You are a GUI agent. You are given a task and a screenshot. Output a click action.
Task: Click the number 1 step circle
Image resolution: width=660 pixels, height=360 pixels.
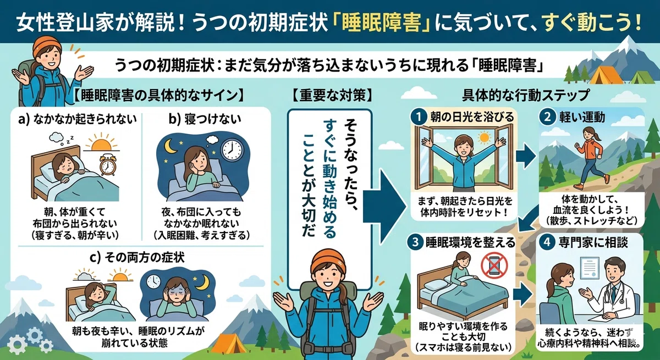419,117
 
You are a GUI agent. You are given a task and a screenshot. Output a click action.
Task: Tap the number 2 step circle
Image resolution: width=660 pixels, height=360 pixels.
547,117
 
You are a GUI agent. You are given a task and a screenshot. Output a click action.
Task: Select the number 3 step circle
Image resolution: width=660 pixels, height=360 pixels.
415,242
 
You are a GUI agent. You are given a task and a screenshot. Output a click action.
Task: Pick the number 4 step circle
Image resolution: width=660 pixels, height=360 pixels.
547,242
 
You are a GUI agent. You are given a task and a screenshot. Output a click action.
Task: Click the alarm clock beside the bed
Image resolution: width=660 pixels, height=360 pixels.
107,165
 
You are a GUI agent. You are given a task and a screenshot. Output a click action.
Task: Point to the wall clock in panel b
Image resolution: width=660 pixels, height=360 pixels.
233,149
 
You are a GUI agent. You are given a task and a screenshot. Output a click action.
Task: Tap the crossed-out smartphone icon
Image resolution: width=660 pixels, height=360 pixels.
494,264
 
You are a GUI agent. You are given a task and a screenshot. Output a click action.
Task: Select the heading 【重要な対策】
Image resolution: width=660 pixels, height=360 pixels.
332,96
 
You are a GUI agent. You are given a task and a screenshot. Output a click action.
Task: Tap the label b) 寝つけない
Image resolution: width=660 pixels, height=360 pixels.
205,119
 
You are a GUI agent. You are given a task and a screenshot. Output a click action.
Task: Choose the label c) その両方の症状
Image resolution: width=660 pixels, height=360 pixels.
137,258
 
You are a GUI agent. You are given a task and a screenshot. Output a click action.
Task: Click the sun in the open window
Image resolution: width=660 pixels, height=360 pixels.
484,137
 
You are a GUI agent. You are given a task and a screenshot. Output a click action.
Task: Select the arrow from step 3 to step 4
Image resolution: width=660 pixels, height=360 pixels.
523,295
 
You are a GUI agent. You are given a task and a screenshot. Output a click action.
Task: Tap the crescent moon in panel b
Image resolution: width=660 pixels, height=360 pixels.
170,146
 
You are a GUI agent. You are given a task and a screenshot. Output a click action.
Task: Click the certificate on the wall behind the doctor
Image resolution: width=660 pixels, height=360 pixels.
590,268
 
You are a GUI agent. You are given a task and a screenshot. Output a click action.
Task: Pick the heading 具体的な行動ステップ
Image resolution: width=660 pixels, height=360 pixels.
526,95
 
